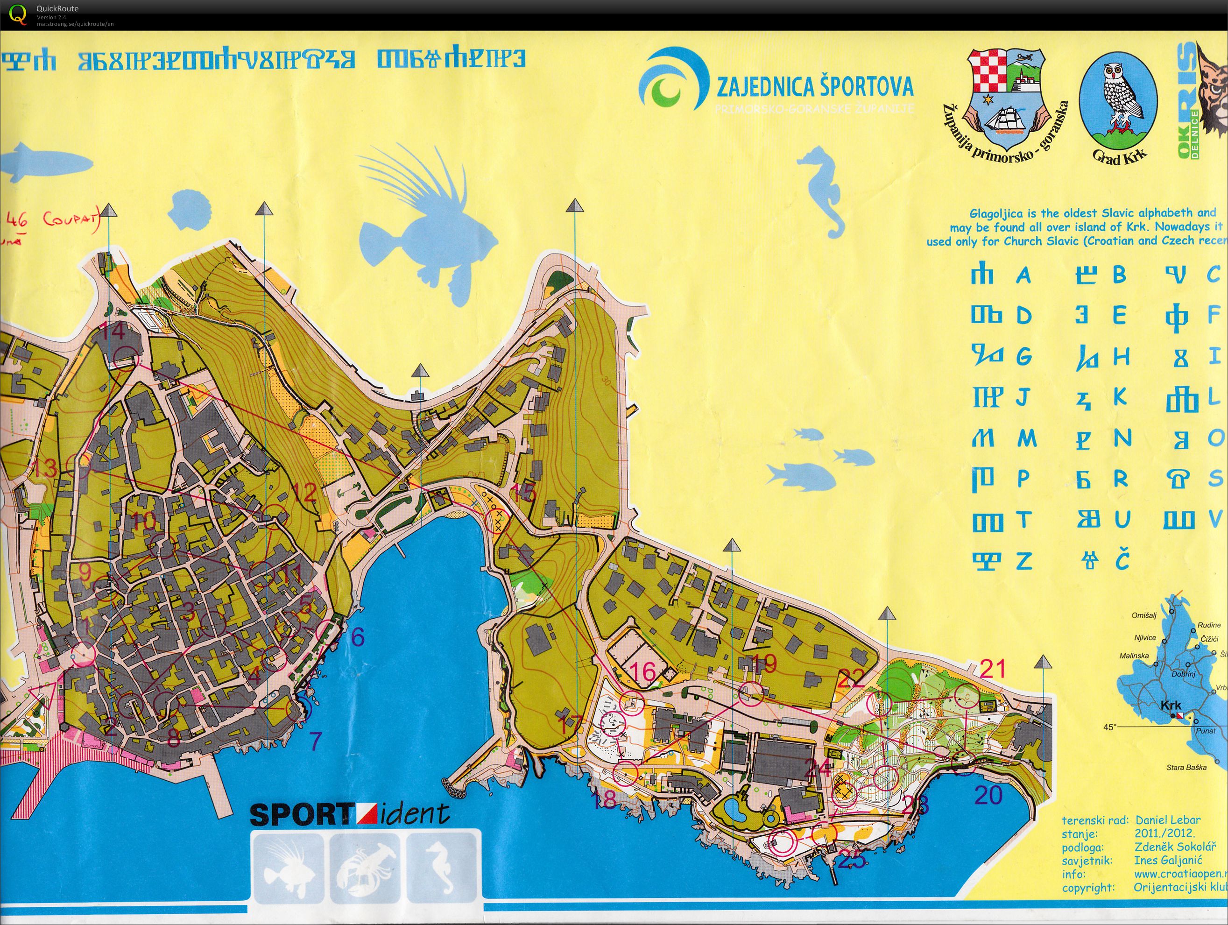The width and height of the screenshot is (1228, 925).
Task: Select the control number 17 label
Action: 570,725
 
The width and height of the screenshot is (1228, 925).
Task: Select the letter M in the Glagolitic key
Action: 1026,438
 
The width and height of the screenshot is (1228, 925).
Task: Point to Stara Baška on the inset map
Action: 1186,767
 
